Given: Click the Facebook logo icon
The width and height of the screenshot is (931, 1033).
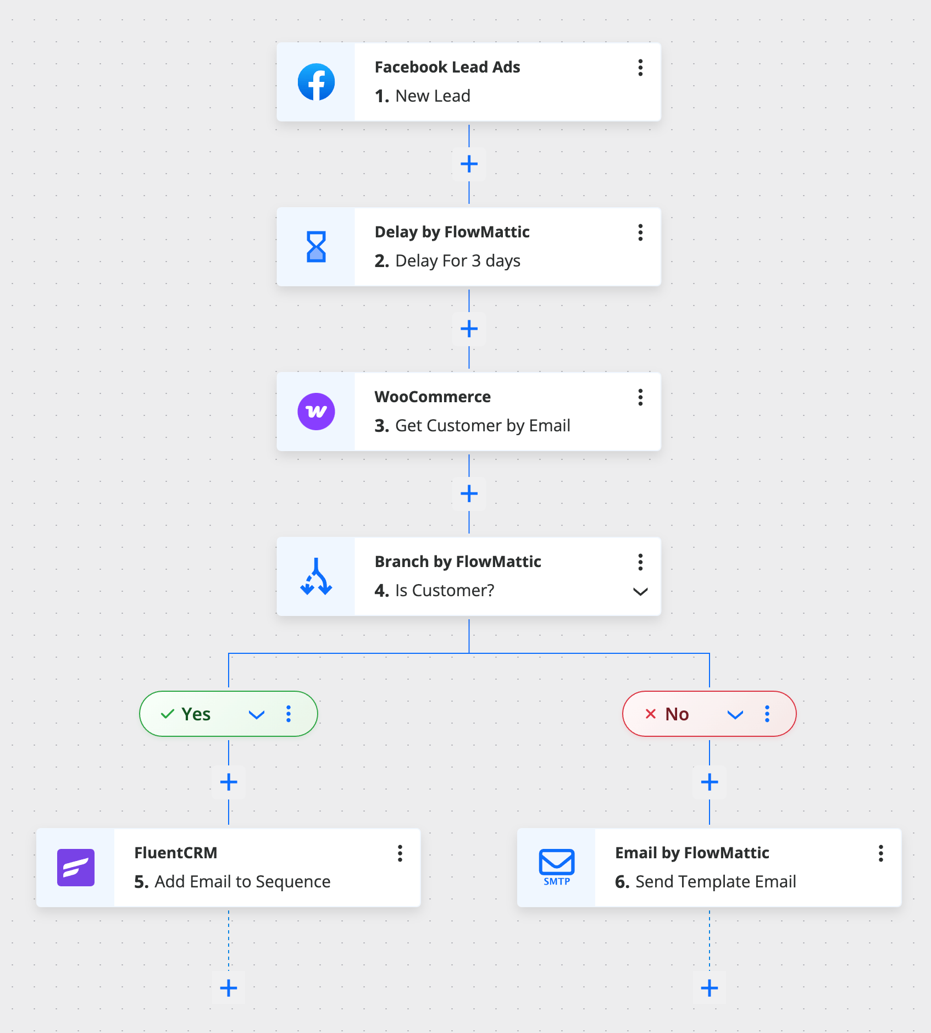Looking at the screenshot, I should [316, 82].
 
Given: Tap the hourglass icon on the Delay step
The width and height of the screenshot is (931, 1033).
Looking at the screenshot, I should [316, 247].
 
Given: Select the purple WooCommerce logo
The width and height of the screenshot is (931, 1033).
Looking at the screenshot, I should [316, 412].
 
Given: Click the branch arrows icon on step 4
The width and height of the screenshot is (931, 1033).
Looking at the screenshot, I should [316, 576].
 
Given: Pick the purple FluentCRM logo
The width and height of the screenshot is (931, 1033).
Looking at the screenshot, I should [76, 868].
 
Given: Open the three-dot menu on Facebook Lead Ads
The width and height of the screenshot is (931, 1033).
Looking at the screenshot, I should [640, 68].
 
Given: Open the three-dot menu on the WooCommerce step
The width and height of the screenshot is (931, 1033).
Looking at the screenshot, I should [640, 397].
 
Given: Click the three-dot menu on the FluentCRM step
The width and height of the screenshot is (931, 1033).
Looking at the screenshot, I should [400, 853].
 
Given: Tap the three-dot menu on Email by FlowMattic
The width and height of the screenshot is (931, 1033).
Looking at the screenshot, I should [881, 853].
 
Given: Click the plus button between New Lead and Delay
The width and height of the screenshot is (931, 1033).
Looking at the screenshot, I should [469, 164].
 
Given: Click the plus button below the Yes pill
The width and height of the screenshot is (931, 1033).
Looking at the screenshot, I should [229, 782].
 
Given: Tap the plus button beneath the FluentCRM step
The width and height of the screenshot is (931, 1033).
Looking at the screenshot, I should [229, 988].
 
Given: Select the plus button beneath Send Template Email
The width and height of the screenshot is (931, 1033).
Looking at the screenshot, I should [710, 988].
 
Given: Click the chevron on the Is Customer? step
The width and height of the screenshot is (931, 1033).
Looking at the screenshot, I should [640, 592].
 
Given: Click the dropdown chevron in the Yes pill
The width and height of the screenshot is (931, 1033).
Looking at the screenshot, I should [257, 714].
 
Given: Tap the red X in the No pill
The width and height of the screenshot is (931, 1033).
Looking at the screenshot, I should [651, 714].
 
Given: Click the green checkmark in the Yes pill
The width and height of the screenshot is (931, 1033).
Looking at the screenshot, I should [168, 714].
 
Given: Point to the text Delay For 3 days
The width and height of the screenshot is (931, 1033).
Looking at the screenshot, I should [458, 260].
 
